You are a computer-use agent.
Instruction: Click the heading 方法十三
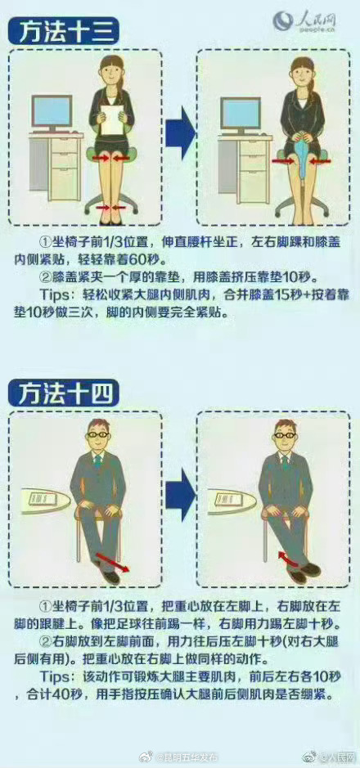pyautogui.click(x=64, y=33)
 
